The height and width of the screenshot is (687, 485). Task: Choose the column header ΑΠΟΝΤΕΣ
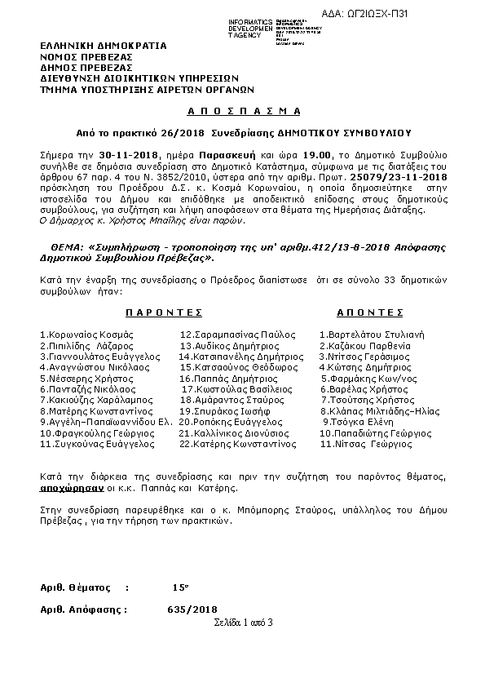click(x=369, y=312)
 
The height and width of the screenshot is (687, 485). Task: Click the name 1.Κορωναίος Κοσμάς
click(x=86, y=335)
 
